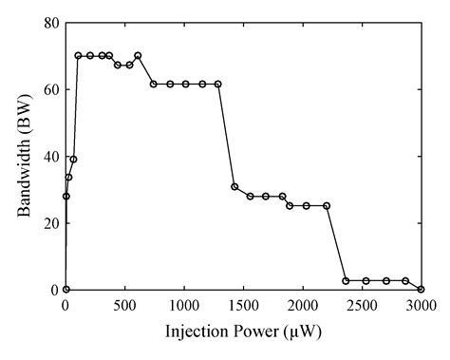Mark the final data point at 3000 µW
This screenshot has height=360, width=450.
421,290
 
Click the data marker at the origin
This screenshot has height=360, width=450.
66,290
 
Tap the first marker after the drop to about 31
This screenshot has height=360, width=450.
234,186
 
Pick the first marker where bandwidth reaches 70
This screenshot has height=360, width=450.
78,55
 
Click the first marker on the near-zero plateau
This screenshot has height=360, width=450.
346,281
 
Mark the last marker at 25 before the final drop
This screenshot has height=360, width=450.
327,205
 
